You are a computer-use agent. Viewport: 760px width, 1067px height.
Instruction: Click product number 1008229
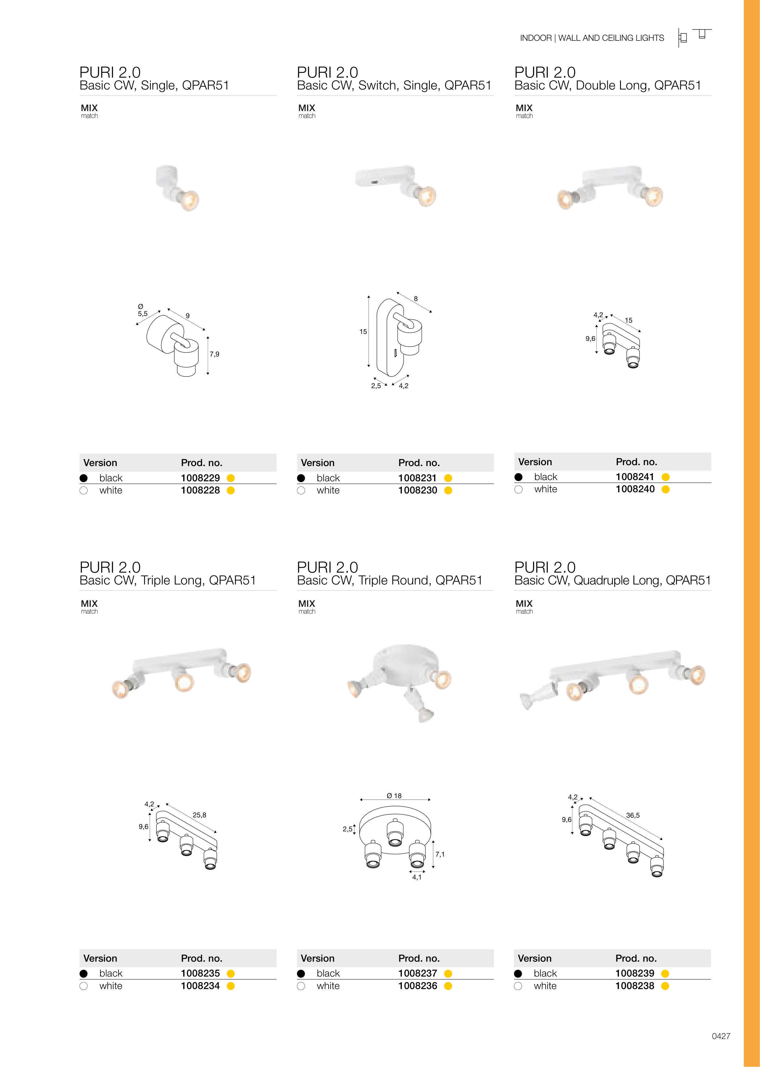tap(200, 478)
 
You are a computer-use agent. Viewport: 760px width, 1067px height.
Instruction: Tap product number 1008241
tap(635, 477)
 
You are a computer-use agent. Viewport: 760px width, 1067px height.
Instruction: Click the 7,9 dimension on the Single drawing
tap(214, 354)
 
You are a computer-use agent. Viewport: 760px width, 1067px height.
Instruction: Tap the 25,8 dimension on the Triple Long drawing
tap(199, 815)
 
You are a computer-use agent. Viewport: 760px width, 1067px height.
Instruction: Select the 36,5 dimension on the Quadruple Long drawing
tap(633, 815)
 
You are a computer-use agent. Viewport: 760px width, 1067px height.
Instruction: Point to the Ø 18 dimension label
tap(394, 796)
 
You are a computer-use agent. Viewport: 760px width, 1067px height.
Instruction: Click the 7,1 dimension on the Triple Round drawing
tap(440, 855)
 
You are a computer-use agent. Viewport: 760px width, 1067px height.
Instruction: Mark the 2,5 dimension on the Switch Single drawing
tap(376, 386)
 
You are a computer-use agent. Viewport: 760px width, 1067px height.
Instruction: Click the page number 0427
tap(721, 1036)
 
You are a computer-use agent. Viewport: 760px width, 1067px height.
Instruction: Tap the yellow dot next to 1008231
tap(448, 478)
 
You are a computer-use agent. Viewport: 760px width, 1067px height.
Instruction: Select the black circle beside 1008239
tap(518, 973)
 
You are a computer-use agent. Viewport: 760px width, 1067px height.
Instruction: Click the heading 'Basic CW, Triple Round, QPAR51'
tap(390, 581)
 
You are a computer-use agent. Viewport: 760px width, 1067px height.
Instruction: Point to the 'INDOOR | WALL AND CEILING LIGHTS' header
tap(592, 38)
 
